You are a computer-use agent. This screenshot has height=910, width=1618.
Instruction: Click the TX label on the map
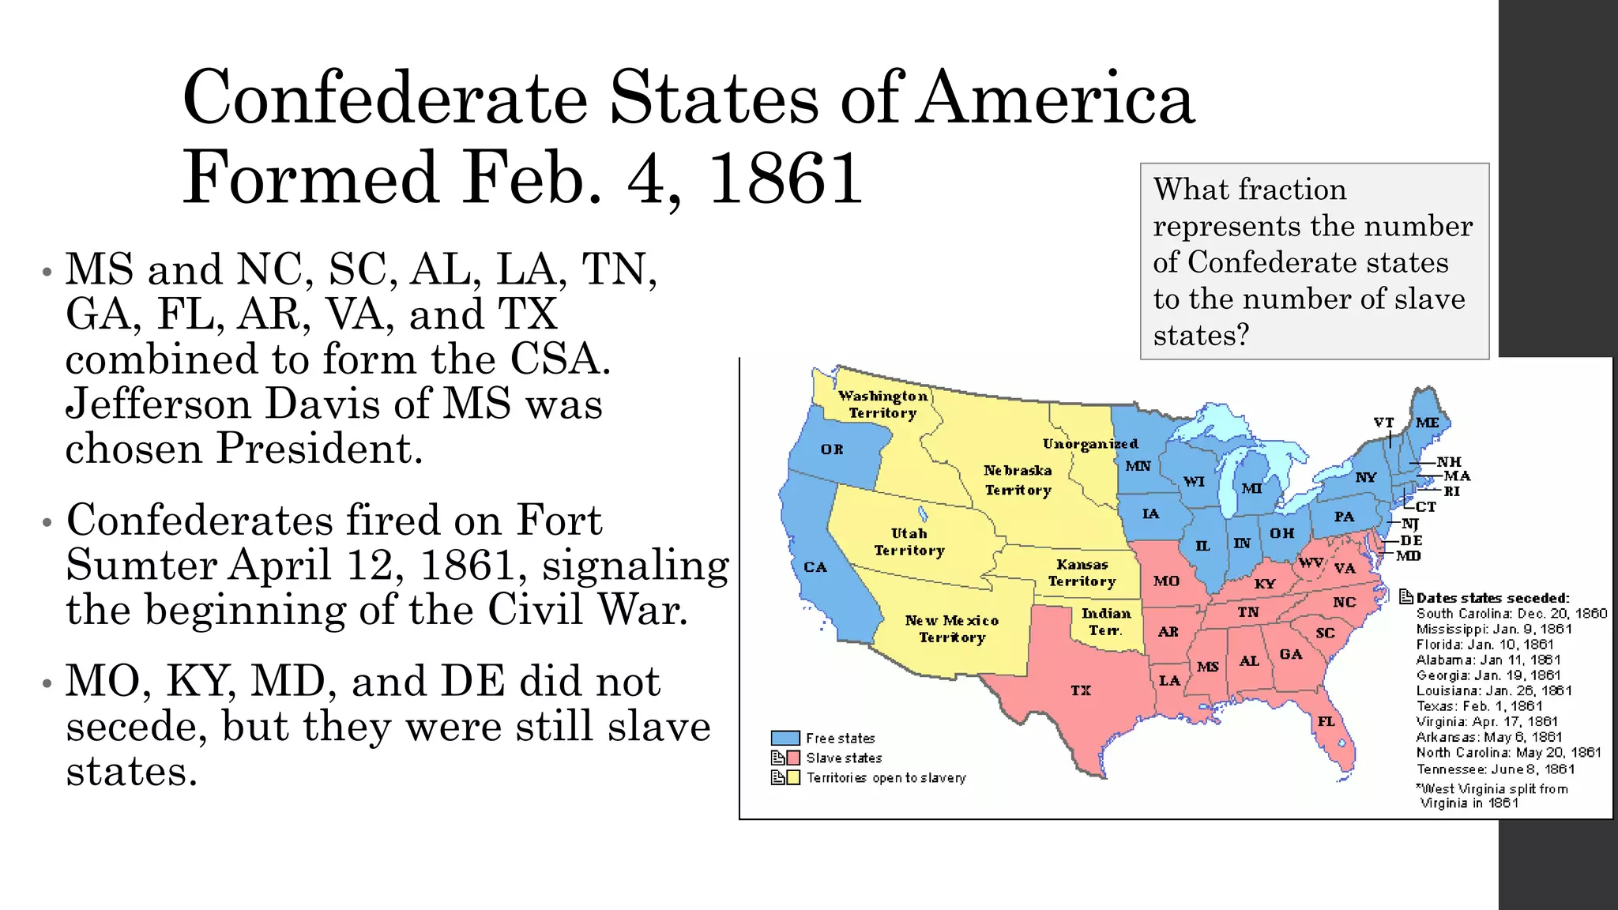tap(1081, 690)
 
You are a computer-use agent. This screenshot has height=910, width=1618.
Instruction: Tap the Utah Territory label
tap(909, 542)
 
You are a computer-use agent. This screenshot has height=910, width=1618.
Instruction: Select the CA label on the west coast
tap(815, 567)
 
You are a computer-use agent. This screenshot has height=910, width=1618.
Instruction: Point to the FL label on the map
tap(1326, 721)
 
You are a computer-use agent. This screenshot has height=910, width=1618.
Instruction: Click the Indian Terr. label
tap(1106, 622)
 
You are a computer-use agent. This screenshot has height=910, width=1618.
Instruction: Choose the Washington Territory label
tap(882, 404)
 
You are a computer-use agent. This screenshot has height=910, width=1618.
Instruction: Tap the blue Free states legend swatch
tap(785, 738)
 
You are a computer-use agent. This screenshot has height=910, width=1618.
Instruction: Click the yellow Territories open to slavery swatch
tap(793, 777)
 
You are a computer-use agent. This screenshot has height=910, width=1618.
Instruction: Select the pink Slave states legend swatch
tap(793, 758)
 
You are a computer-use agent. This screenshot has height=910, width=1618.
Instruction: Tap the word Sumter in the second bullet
tap(141, 565)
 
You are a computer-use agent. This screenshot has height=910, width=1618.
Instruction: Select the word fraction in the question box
tap(1294, 190)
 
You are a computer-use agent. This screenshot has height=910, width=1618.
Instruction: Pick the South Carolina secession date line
tap(1511, 614)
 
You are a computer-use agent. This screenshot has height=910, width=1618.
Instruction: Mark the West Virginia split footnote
tap(1492, 795)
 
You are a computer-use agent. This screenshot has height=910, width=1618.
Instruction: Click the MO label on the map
tap(1166, 581)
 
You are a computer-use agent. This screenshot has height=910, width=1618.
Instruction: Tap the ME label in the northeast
tap(1427, 423)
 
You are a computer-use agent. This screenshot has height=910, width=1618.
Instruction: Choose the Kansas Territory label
tap(1082, 573)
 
